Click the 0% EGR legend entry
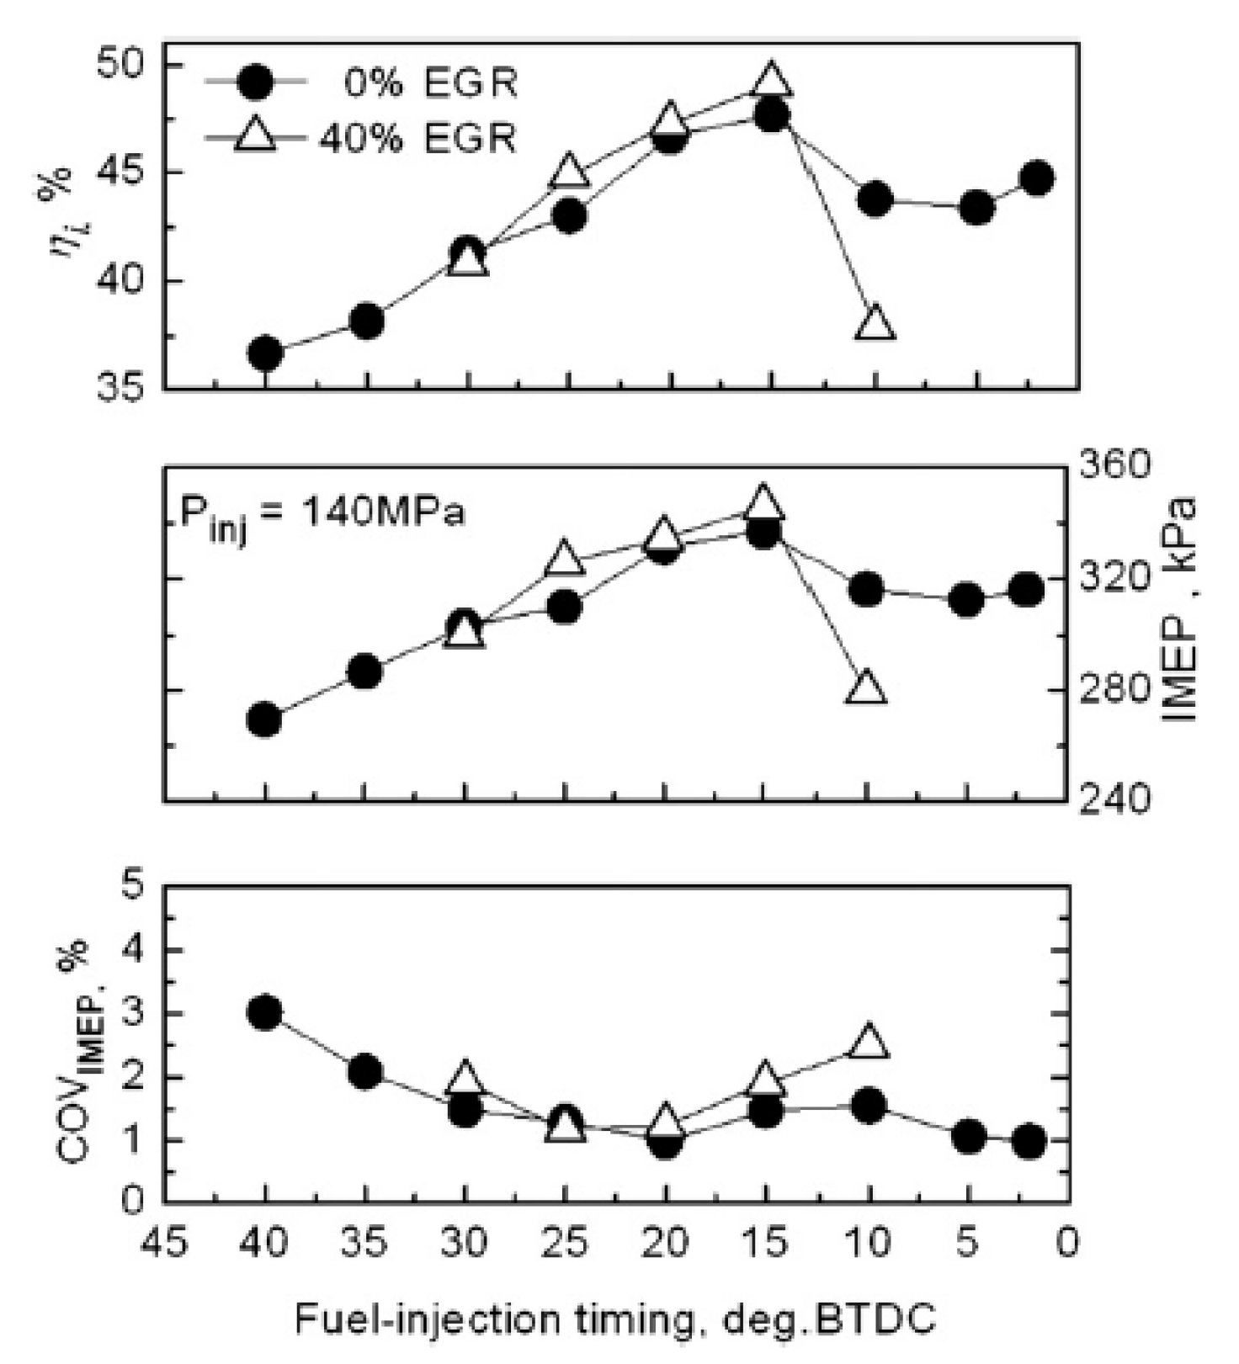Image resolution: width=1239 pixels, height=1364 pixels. pyautogui.click(x=362, y=83)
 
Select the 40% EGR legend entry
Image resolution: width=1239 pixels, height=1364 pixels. pyautogui.click(x=362, y=136)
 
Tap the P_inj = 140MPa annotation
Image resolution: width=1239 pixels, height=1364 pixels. pyautogui.click(x=322, y=513)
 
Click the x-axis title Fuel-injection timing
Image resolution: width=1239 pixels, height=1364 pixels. pyautogui.click(x=614, y=1319)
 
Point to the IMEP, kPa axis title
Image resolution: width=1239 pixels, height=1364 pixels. pyautogui.click(x=1183, y=610)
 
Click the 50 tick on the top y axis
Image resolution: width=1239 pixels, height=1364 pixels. pyautogui.click(x=123, y=66)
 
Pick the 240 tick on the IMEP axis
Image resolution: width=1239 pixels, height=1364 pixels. pyautogui.click(x=1115, y=799)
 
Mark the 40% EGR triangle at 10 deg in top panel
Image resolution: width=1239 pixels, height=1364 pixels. pyautogui.click(x=875, y=322)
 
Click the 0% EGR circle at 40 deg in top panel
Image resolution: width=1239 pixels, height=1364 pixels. pyautogui.click(x=266, y=353)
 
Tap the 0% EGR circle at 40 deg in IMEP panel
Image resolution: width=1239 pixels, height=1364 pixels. pyautogui.click(x=264, y=720)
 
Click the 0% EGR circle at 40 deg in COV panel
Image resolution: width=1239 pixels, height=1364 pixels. pyautogui.click(x=265, y=1012)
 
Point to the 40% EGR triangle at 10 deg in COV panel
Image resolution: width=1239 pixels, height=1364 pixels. pyautogui.click(x=869, y=1042)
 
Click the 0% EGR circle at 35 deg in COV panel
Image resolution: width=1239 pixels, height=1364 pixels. pyautogui.click(x=365, y=1072)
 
